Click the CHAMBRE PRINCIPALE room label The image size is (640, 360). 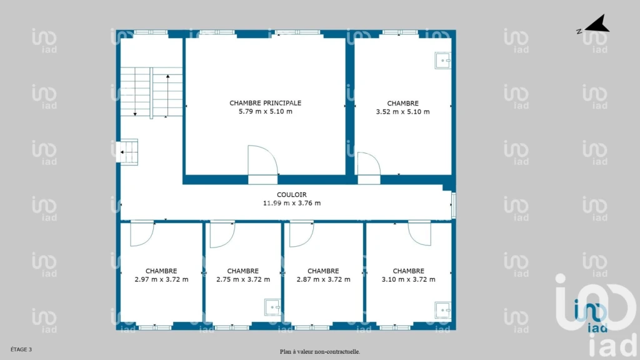coord(265,103)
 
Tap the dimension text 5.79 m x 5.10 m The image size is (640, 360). coord(265,111)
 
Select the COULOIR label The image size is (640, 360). coord(291,195)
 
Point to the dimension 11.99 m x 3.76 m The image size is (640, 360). coord(291,203)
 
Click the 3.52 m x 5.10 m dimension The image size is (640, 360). coord(402,112)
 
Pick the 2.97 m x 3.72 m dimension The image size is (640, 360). coord(161,279)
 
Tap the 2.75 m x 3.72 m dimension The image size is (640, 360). coord(243,279)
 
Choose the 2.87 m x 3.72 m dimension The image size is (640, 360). coord(323,279)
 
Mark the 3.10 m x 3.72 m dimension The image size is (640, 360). coord(408,279)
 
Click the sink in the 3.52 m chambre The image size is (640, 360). coord(443,61)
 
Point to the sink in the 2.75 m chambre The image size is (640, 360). coord(272,307)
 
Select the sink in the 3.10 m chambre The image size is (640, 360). coord(443,310)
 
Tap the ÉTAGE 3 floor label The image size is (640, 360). coord(21,349)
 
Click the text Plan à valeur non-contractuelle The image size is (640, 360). coord(320,351)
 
